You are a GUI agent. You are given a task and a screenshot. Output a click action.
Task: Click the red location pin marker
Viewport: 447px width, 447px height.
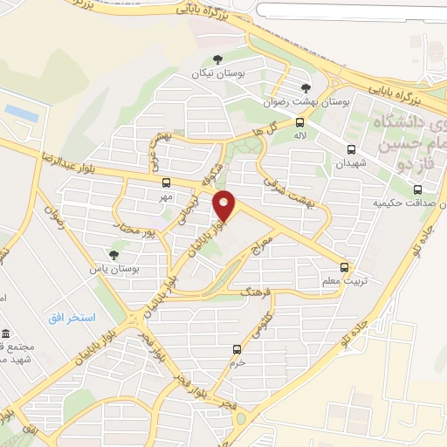tap(225, 206)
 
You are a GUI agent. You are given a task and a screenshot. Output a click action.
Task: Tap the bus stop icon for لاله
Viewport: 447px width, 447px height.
tap(299, 122)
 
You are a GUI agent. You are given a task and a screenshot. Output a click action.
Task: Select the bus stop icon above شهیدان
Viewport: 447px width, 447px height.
tap(351, 149)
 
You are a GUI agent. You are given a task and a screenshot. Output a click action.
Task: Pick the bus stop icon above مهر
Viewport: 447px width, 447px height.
tap(166, 182)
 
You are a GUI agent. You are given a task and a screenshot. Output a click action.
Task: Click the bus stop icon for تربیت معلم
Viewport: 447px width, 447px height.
tap(344, 268)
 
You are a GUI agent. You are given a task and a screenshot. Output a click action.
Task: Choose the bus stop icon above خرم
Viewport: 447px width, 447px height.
tap(237, 349)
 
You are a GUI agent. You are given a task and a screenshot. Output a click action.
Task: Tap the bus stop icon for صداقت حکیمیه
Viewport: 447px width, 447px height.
tap(417, 189)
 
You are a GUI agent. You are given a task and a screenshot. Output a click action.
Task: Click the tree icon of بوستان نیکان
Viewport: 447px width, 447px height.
tap(217, 58)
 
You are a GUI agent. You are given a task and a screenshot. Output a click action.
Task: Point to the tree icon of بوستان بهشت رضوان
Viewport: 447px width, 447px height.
tap(305, 87)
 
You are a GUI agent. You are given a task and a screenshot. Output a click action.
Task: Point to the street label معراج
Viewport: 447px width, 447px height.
tap(263, 237)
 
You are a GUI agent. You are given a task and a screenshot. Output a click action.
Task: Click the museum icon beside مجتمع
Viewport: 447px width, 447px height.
tap(6, 334)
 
